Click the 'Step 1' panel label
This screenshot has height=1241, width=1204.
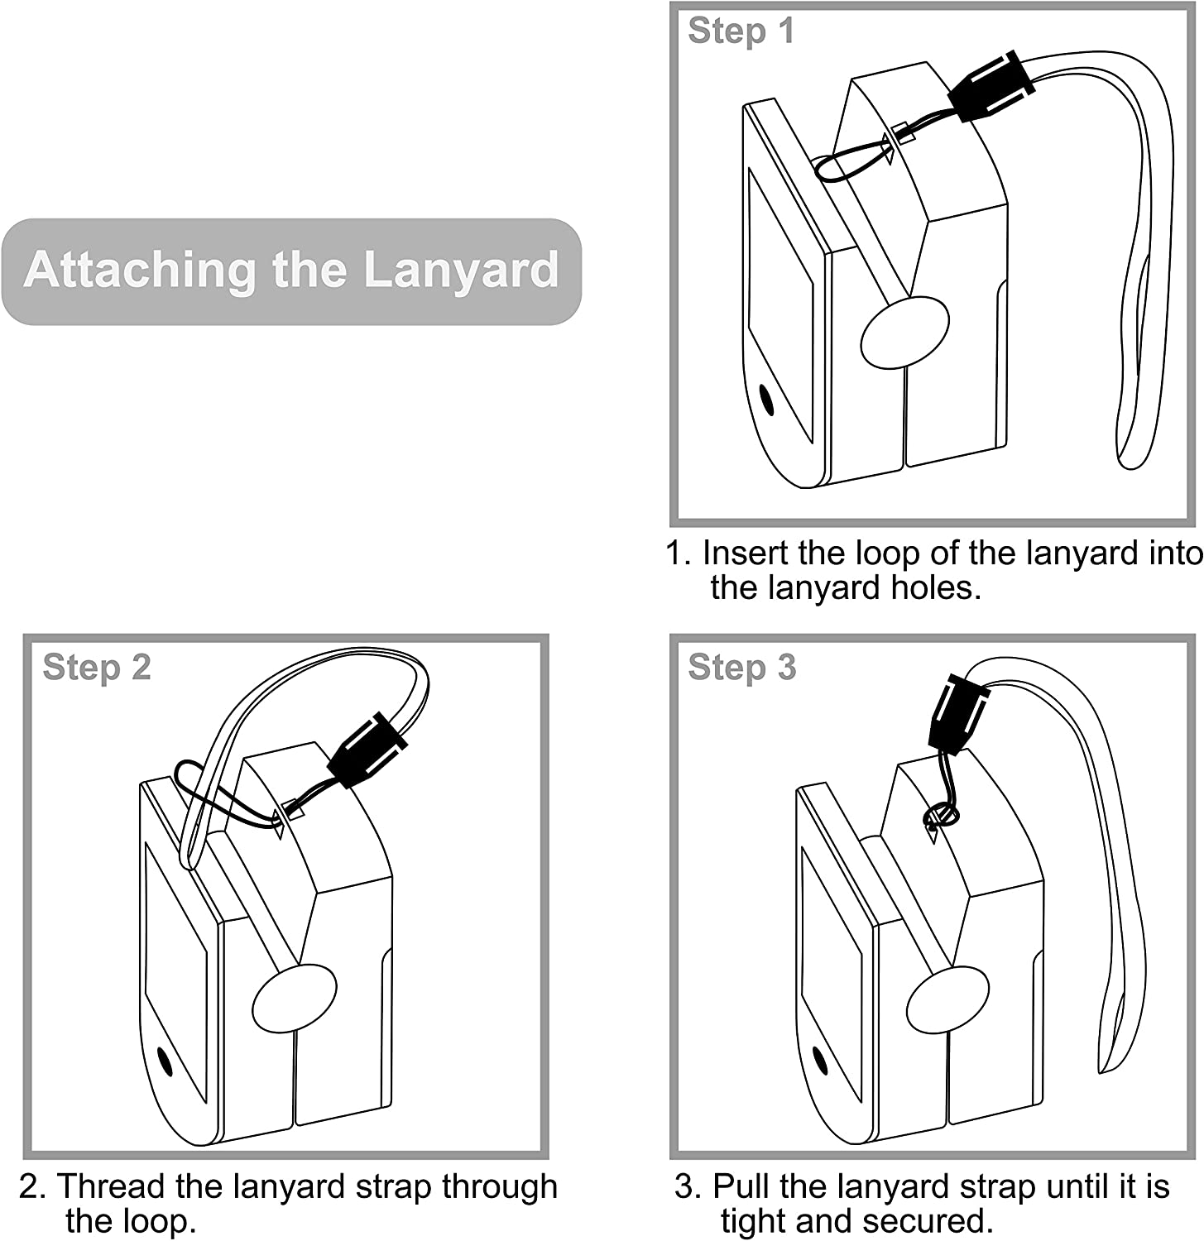[741, 31]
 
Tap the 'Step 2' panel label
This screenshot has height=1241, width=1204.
[97, 668]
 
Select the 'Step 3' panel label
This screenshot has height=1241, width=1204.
[741, 668]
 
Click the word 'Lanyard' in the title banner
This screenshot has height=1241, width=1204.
[461, 270]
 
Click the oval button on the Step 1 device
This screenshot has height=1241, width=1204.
[904, 333]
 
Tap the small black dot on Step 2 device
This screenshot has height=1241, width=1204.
[165, 1061]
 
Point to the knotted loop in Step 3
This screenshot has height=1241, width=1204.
[941, 816]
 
